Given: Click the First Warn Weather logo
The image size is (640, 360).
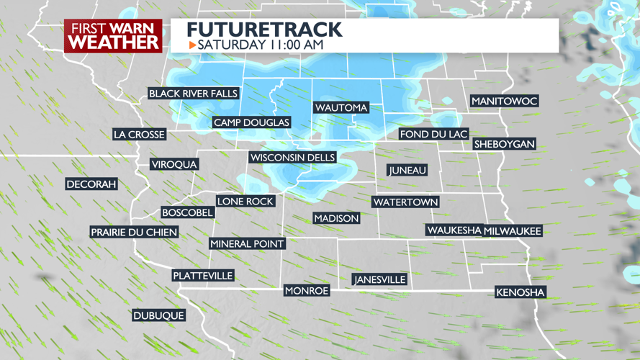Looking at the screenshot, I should (114, 35).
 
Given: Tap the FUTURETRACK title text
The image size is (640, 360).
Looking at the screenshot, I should (264, 30).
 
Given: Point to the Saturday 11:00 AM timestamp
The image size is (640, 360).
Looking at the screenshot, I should (261, 45).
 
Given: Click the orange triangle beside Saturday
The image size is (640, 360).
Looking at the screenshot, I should (192, 45).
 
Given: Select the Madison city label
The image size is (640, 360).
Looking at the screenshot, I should (336, 218).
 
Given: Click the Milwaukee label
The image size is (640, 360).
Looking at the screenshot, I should (513, 230).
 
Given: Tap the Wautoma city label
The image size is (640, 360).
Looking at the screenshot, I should (341, 107).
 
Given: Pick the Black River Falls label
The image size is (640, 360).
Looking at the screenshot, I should (193, 94).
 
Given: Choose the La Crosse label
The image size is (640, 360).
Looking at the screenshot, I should (140, 134).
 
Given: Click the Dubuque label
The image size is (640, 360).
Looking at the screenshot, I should (158, 315).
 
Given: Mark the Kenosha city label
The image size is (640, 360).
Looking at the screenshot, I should (520, 292).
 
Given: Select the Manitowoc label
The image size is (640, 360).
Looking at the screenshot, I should (505, 102).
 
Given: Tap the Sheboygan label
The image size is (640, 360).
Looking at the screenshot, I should (505, 144).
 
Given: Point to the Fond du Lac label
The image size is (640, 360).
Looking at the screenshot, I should (434, 134).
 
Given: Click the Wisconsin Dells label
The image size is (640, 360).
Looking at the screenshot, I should (292, 158).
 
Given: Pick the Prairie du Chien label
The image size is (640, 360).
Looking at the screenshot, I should (134, 232).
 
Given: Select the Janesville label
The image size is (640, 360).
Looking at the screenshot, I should (380, 279).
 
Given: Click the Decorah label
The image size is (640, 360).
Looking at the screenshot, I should (91, 184).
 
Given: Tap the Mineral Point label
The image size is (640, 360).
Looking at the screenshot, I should (247, 244).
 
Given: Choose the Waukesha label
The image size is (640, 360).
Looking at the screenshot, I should (454, 230).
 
